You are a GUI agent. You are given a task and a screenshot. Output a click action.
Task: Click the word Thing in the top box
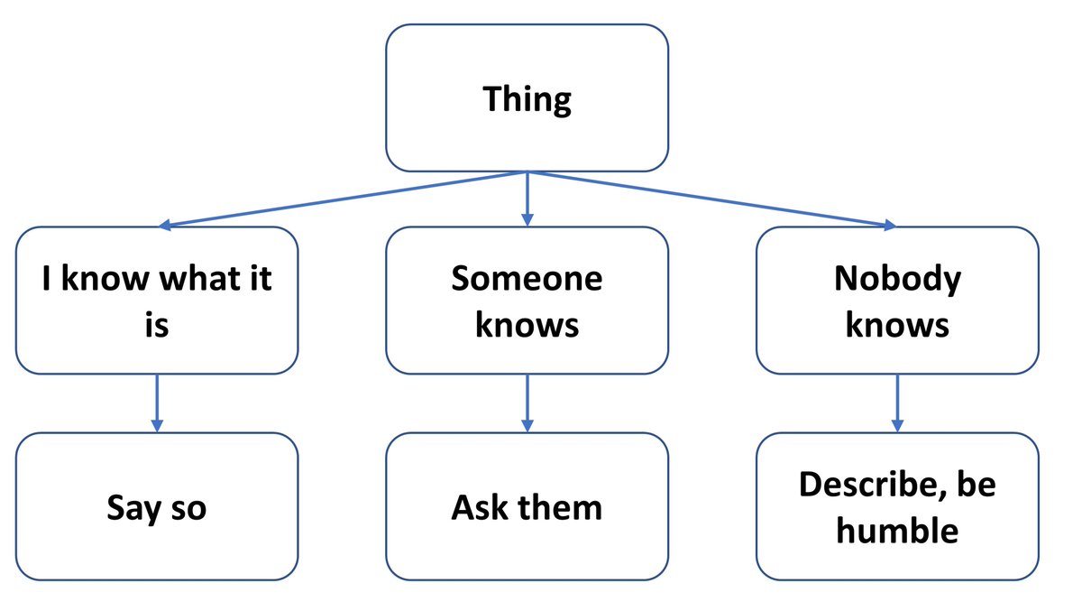(x=527, y=99)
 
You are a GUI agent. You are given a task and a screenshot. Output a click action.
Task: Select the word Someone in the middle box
(x=527, y=278)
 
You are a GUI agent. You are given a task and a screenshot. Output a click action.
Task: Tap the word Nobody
(x=896, y=278)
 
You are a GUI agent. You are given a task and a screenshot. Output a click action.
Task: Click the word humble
(x=896, y=530)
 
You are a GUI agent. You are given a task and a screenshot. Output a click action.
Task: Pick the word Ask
(x=479, y=507)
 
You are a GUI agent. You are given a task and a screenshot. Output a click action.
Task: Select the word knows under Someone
(x=527, y=324)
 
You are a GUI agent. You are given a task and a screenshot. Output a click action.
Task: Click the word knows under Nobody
(x=896, y=324)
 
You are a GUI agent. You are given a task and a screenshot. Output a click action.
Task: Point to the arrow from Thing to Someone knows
(x=527, y=199)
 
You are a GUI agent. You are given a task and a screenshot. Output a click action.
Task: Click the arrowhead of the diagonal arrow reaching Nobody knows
(x=887, y=225)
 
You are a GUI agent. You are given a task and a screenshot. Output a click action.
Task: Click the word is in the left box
(x=157, y=324)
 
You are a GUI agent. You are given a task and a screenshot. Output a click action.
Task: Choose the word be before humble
(x=977, y=486)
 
